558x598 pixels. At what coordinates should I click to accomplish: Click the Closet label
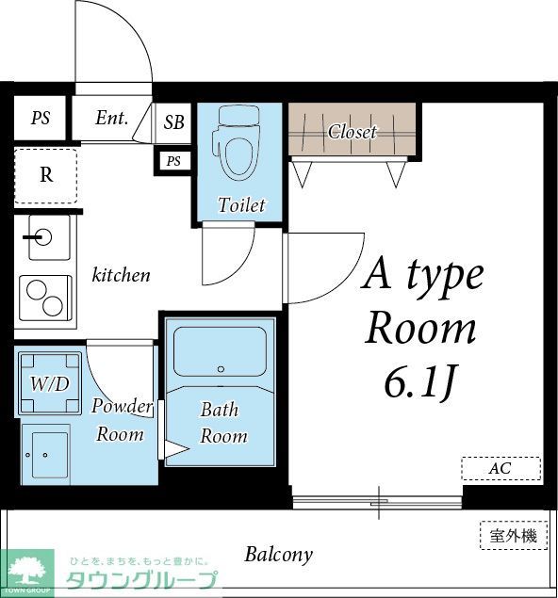[352, 132]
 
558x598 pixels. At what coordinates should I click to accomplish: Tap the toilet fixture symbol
[239, 143]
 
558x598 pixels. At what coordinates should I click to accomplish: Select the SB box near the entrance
[174, 122]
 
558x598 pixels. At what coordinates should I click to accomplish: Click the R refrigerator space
[45, 175]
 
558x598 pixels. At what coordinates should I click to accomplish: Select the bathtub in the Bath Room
[220, 352]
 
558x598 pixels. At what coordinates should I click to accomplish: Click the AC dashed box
[501, 468]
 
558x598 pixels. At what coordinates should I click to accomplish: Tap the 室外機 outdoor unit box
[513, 536]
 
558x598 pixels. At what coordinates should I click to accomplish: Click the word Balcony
[278, 554]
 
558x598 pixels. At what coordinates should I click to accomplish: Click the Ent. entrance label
[111, 119]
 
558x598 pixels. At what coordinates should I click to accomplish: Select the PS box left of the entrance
[41, 119]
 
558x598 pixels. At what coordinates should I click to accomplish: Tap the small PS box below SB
[172, 161]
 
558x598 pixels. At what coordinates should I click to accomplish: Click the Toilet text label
[241, 204]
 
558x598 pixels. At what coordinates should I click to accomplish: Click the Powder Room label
[122, 420]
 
